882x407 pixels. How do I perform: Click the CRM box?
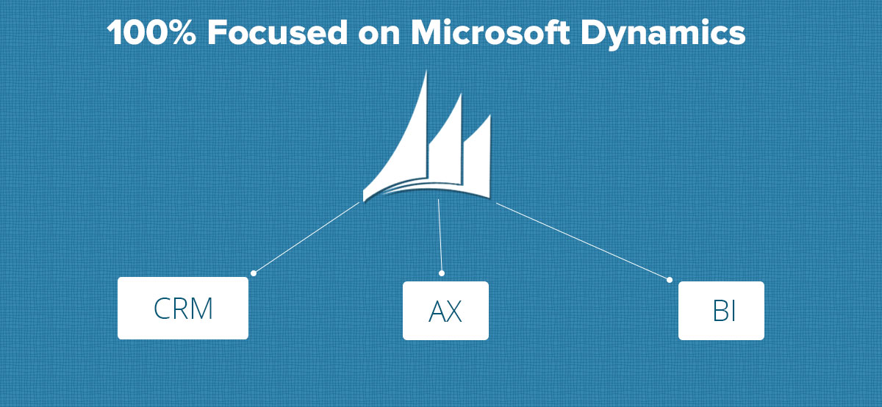click(183, 309)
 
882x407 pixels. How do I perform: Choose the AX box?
click(445, 311)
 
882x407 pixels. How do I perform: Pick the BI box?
click(721, 311)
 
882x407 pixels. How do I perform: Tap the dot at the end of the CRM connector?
click(254, 273)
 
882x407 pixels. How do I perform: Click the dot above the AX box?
click(442, 273)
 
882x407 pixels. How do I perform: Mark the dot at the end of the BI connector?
click(669, 280)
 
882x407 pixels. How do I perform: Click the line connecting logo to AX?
click(440, 235)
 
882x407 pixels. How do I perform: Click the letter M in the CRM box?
click(200, 309)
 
